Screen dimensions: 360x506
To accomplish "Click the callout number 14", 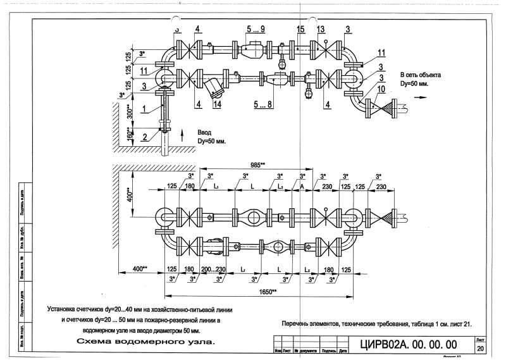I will pos(217,104).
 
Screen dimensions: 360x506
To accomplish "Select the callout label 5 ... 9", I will pos(255,29).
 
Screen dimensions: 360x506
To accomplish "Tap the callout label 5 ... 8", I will pos(262,104).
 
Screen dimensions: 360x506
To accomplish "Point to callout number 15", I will pos(300,29).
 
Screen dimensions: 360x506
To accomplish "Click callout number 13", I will pos(321,29).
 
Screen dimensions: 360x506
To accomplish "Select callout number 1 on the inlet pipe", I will pos(144,109).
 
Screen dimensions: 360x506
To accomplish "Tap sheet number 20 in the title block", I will pos(480,349).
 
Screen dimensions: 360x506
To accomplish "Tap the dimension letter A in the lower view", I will pos(302,188).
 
